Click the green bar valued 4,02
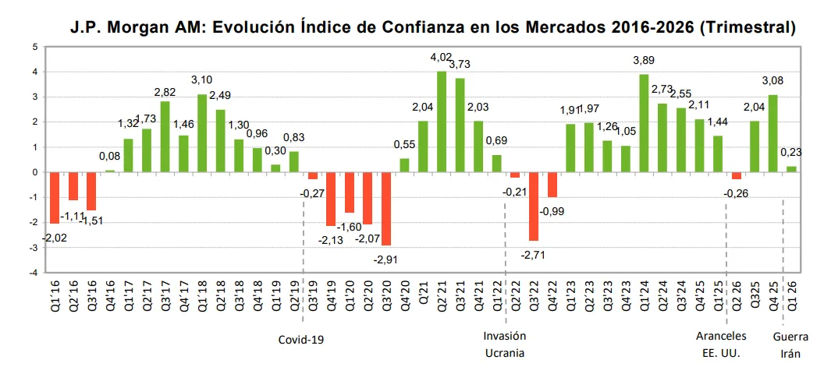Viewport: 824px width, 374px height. [x=442, y=122]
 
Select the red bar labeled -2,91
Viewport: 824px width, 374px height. [x=386, y=209]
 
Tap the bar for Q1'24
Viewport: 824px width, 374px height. [x=644, y=123]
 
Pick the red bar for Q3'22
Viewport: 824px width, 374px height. [x=534, y=206]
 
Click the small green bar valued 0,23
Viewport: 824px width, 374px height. [x=791, y=169]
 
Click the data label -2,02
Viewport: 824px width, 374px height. [x=54, y=237]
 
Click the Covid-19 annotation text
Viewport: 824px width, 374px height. [x=301, y=340]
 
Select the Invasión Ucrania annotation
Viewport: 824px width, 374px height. [x=505, y=344]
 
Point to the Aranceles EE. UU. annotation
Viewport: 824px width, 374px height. [x=721, y=344]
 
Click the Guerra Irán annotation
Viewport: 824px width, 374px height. [x=790, y=344]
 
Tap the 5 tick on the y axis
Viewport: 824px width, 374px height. [x=35, y=47]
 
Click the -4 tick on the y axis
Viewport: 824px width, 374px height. [x=34, y=273]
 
